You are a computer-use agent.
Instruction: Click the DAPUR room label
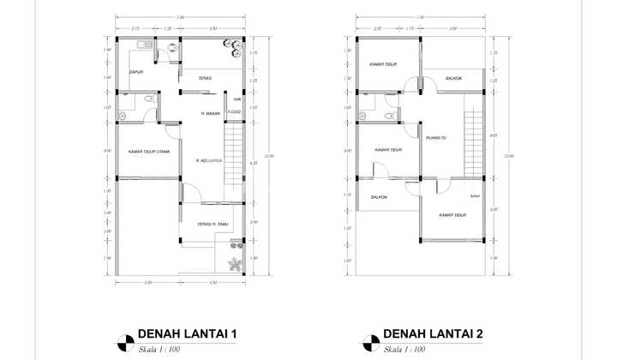tap(136, 73)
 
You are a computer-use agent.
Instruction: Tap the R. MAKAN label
tap(211, 113)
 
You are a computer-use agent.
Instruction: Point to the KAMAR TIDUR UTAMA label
tap(148, 152)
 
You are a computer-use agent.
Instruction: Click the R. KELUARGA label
tap(209, 160)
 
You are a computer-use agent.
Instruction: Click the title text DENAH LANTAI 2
tap(434, 333)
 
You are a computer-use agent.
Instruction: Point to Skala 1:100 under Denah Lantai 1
tap(159, 350)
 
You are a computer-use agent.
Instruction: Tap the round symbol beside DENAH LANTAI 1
tap(125, 339)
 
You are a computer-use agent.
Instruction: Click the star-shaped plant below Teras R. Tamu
tap(234, 263)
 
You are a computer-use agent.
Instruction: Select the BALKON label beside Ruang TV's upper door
tap(453, 79)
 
